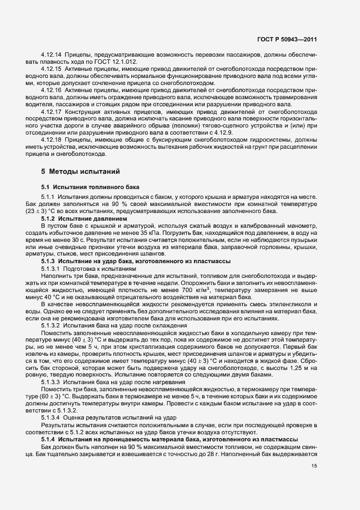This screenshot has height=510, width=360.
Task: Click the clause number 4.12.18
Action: tap(52, 139)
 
